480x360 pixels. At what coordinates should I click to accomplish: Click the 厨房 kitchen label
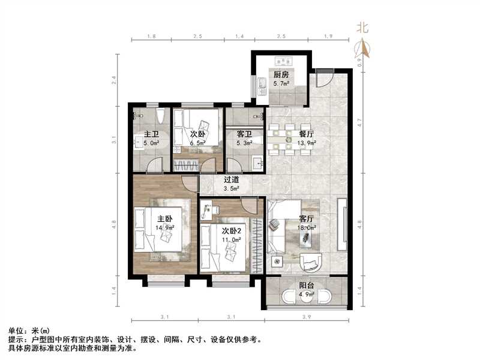(x=281, y=75)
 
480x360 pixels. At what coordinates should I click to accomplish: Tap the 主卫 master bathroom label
(x=151, y=134)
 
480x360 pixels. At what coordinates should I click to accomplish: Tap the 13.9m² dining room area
(x=307, y=143)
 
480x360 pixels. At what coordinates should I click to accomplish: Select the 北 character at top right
(x=362, y=27)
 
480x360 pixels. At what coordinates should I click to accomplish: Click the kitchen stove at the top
(x=282, y=61)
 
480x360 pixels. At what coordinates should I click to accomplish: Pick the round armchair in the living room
(x=311, y=262)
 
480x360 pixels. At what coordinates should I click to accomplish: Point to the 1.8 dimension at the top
(x=152, y=37)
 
